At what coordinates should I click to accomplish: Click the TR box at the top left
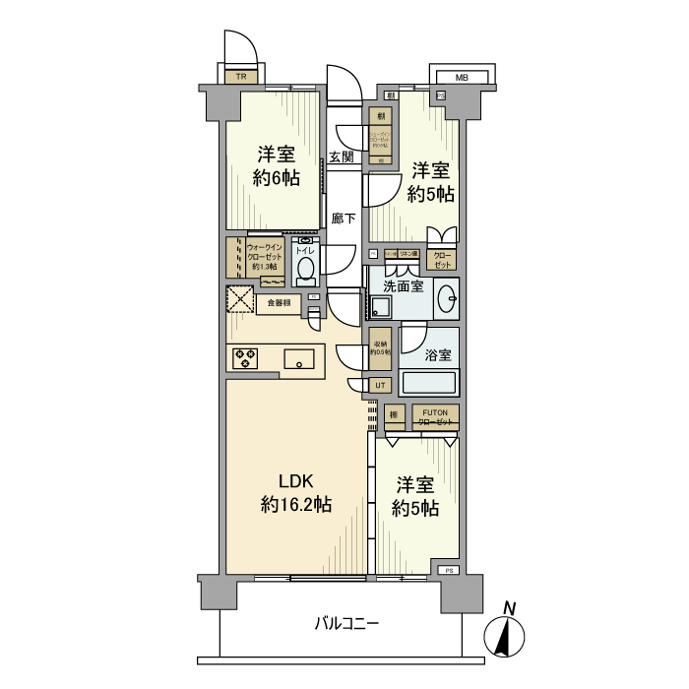(240, 76)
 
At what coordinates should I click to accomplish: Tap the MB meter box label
(461, 77)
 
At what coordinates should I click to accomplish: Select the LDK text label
(295, 481)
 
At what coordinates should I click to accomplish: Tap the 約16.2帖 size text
(295, 504)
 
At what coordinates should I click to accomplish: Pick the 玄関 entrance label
(342, 157)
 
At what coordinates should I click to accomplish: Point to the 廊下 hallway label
(344, 219)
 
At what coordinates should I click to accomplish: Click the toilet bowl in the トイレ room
(306, 267)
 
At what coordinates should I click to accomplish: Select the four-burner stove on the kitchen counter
(245, 358)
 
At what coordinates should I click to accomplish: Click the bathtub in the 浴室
(429, 383)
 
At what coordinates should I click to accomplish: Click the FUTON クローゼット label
(435, 416)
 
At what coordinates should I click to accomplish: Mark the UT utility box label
(381, 384)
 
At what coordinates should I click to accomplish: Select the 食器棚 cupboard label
(280, 302)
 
